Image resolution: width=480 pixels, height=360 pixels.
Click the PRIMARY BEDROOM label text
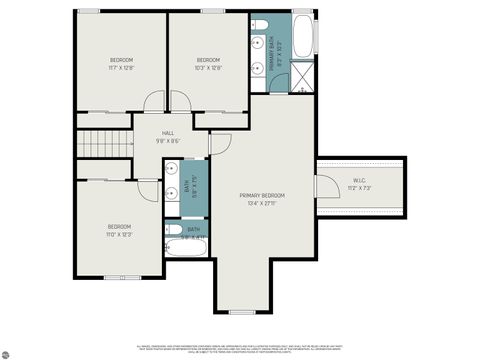[261, 195]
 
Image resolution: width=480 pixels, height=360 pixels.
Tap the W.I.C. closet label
[360, 181]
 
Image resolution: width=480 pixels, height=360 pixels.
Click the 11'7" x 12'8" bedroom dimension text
[120, 69]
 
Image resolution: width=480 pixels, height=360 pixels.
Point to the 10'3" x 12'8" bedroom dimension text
[207, 69]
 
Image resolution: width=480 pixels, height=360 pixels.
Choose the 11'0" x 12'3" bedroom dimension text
[120, 234]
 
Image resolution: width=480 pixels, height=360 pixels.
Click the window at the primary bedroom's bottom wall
[242, 312]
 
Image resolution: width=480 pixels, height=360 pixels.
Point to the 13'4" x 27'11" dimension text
[261, 203]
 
